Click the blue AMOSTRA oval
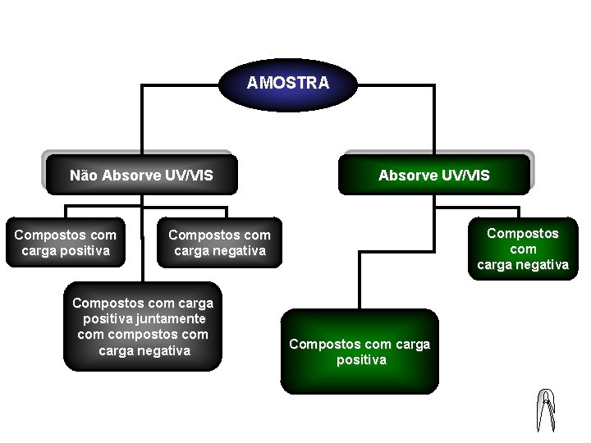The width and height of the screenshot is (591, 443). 288,83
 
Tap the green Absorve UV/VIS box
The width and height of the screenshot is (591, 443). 433,175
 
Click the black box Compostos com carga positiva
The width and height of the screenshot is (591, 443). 66,243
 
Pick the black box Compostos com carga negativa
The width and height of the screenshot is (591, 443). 220,243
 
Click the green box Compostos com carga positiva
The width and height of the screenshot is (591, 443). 360,352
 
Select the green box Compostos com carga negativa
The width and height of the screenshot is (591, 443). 523,249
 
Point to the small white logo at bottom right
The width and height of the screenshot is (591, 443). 546,409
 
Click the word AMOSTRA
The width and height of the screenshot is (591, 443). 288,83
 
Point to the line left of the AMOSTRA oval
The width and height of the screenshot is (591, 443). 181,84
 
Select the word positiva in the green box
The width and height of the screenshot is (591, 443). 361,360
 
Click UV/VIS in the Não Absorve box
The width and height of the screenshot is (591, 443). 186,175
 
